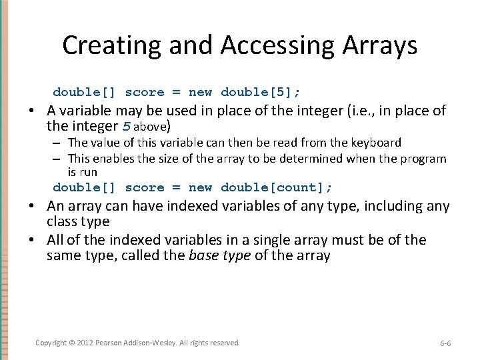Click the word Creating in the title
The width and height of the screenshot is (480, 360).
(x=112, y=46)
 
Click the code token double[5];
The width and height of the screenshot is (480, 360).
(x=260, y=92)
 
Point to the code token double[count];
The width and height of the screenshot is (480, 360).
(x=276, y=187)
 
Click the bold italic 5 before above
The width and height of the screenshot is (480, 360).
(x=128, y=126)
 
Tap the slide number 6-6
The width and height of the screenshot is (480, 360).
(x=445, y=343)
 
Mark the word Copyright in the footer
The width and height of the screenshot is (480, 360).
(x=51, y=343)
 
